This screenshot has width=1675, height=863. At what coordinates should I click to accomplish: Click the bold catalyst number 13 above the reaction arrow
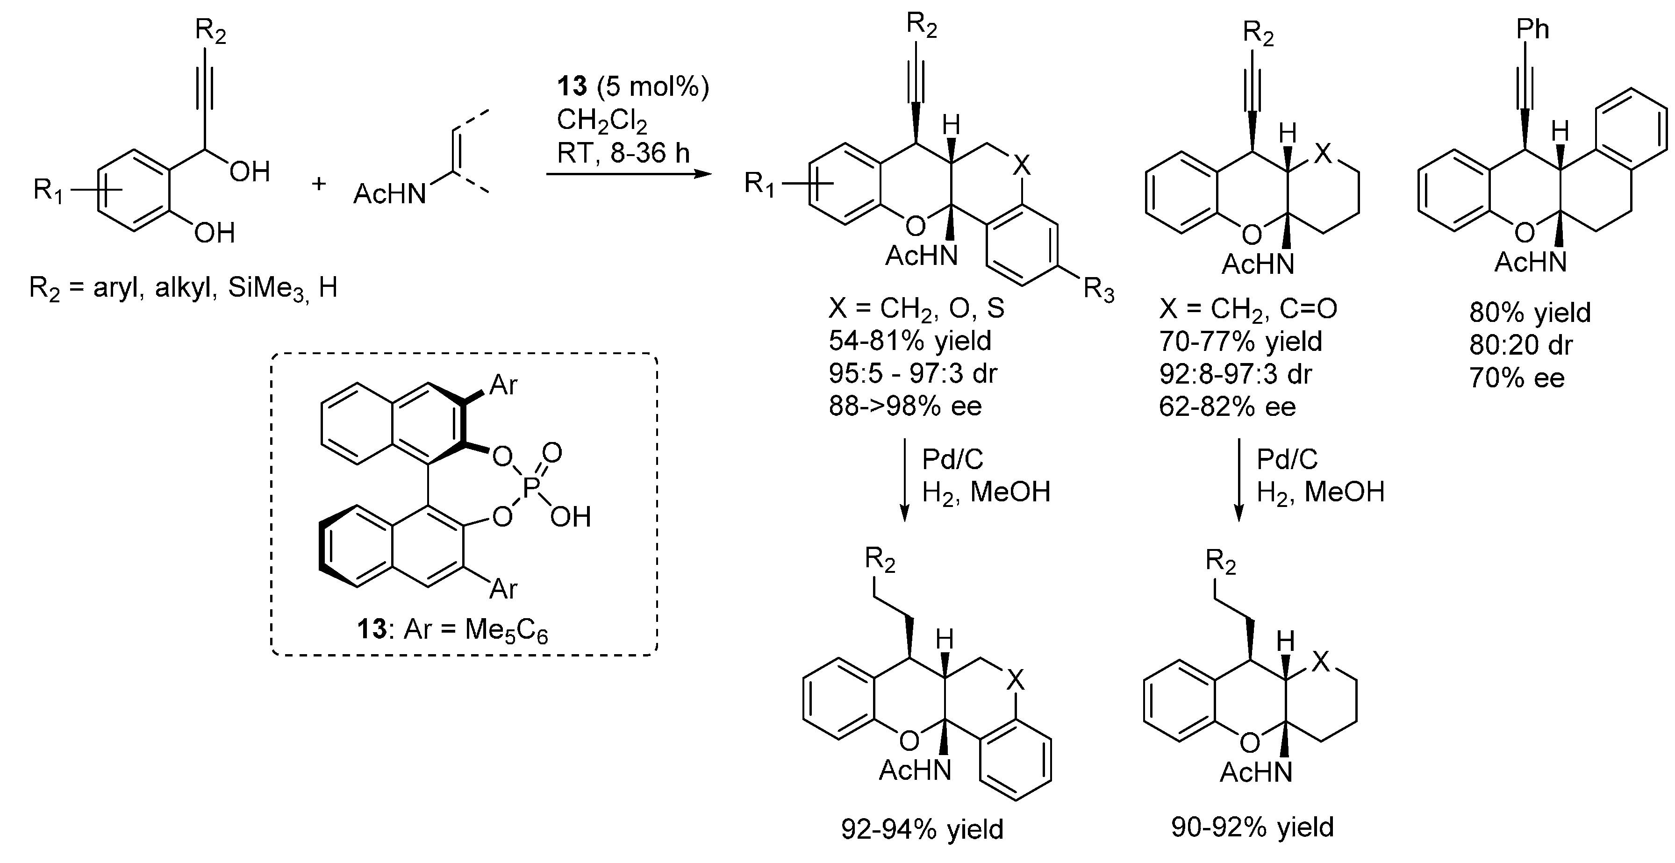pyautogui.click(x=572, y=87)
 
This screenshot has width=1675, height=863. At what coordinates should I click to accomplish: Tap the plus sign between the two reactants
pyautogui.click(x=319, y=184)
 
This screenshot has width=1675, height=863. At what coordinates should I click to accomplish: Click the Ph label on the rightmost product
pyautogui.click(x=1532, y=29)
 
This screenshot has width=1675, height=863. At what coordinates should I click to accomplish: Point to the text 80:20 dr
pyautogui.click(x=1520, y=346)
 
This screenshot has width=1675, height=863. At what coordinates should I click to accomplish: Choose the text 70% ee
pyautogui.click(x=1517, y=378)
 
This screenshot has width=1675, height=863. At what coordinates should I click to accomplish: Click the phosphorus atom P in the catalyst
pyautogui.click(x=529, y=485)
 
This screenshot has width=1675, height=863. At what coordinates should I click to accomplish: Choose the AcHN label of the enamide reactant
pyautogui.click(x=389, y=193)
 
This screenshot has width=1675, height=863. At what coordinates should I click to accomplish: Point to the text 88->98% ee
pyautogui.click(x=904, y=406)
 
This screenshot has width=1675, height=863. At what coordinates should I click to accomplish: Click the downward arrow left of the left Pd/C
pyautogui.click(x=904, y=480)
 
